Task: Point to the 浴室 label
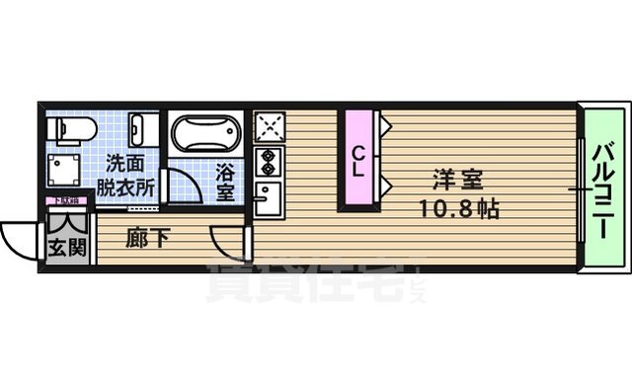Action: [x=226, y=181]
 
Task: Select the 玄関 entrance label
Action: [x=68, y=247]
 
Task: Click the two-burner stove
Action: [x=268, y=160]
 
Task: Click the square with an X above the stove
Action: [x=268, y=127]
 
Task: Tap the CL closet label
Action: [x=359, y=160]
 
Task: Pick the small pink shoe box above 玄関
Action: [x=68, y=201]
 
